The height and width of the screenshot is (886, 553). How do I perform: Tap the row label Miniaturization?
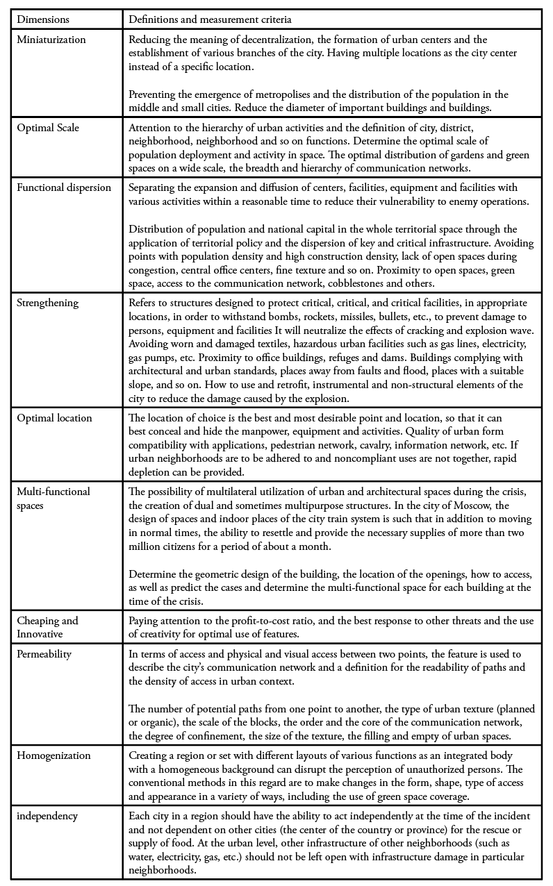[51, 40]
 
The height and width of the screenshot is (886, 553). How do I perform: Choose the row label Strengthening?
[48, 303]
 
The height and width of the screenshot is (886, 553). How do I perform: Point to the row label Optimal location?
[54, 418]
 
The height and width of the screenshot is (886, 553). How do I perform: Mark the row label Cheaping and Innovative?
[47, 626]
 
